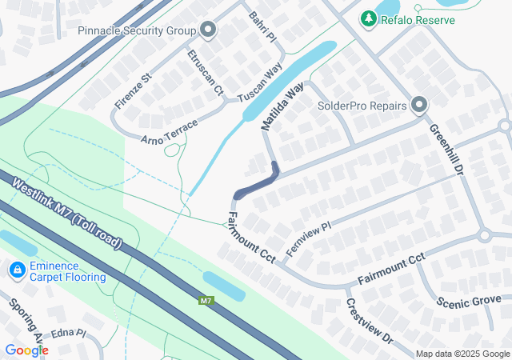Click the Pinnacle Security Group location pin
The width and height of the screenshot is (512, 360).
tap(208, 31)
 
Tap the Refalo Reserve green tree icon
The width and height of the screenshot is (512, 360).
tap(368, 18)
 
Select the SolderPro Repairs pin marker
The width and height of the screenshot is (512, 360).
tap(419, 105)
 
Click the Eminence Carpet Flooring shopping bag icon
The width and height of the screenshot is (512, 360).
tap(16, 271)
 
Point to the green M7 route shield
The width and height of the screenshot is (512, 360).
tap(206, 301)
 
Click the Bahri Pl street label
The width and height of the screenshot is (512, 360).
tap(262, 27)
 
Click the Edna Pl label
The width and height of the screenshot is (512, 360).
tap(68, 333)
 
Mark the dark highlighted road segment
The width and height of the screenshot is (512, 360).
tap(256, 182)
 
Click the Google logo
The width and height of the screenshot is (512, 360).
tap(26, 350)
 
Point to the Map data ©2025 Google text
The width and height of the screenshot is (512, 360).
tap(462, 354)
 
